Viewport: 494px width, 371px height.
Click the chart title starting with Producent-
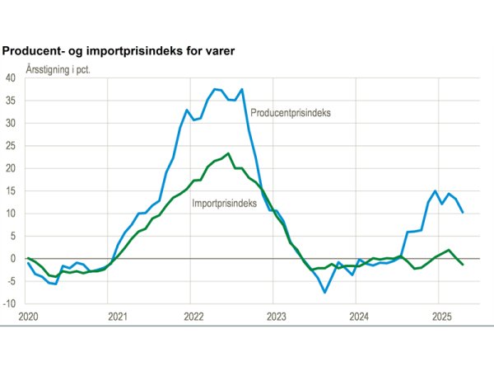click(x=119, y=51)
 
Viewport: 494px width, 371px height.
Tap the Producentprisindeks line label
click(x=291, y=113)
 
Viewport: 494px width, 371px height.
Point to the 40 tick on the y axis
click(x=11, y=78)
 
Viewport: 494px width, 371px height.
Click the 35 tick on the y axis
click(x=11, y=101)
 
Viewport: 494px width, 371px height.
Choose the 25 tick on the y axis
click(x=11, y=146)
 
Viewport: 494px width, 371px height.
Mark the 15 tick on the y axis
click(x=11, y=191)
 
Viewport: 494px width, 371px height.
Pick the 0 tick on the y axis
click(x=13, y=259)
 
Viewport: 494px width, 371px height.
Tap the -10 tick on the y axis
click(x=10, y=303)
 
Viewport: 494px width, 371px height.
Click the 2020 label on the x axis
click(x=28, y=317)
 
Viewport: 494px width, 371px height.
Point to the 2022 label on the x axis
click(x=193, y=317)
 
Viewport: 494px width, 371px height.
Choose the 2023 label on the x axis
click(x=276, y=317)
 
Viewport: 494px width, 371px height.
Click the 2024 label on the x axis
click(x=359, y=317)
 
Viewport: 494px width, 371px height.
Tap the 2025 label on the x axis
click(x=441, y=317)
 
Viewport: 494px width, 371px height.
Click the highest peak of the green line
click(x=228, y=153)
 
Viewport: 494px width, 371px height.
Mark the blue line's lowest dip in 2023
click(x=324, y=292)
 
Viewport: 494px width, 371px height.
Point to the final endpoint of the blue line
click(x=462, y=212)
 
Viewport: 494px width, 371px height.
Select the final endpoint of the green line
click(x=462, y=265)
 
